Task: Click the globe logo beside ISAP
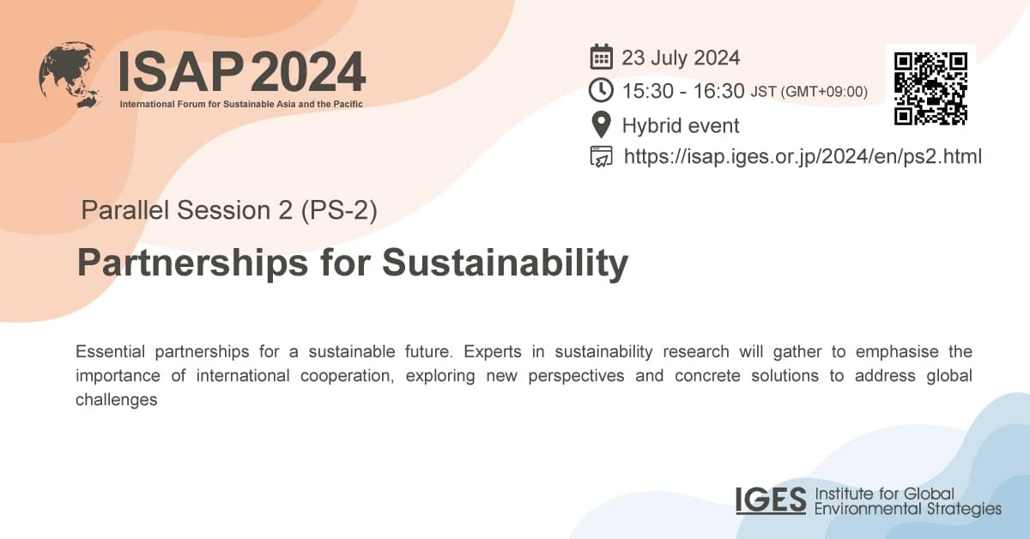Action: point(70,75)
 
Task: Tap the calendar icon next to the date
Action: point(601,58)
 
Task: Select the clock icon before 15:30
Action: point(601,90)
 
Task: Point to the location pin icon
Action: point(601,124)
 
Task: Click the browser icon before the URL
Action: point(601,156)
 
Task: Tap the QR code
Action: point(930,88)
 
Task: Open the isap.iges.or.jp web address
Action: point(803,156)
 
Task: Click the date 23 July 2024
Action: point(681,58)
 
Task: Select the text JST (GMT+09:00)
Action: point(809,92)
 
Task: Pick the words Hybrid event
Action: point(681,125)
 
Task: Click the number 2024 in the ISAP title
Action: point(307,72)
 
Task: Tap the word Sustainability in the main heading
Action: point(505,263)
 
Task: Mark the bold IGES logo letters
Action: point(770,500)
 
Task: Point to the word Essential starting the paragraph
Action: point(112,352)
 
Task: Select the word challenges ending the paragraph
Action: point(116,400)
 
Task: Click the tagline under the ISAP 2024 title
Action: point(242,104)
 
